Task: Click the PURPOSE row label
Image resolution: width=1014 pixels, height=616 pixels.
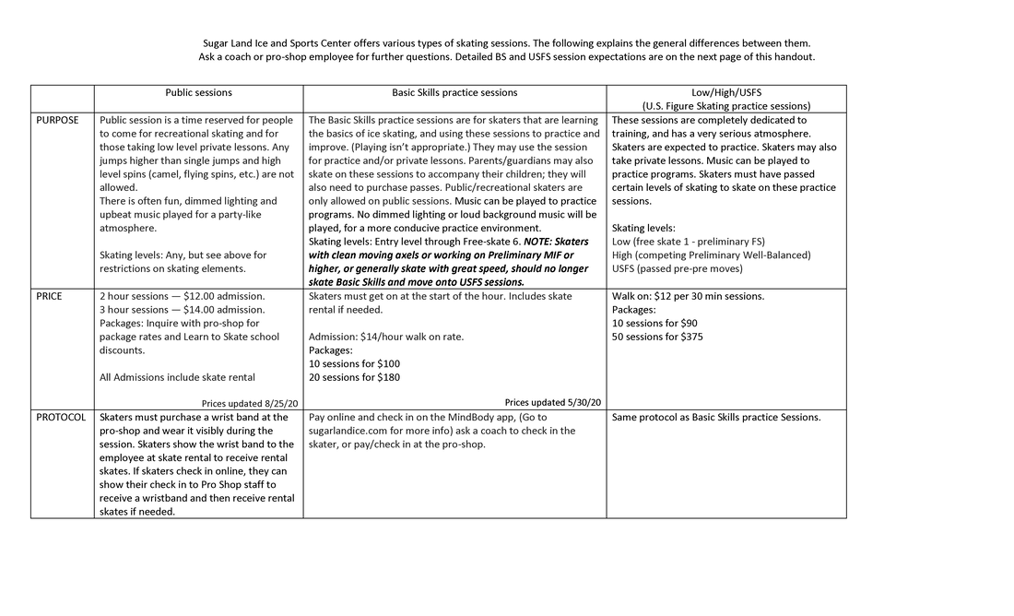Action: (x=57, y=121)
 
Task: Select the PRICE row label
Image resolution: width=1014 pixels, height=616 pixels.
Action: (x=51, y=297)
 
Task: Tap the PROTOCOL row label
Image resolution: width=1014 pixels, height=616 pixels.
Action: (x=61, y=418)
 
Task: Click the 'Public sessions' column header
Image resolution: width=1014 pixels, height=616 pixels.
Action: (x=198, y=93)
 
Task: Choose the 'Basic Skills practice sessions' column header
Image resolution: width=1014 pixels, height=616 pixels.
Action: (x=454, y=93)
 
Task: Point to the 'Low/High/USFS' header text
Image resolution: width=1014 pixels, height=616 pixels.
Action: (x=726, y=93)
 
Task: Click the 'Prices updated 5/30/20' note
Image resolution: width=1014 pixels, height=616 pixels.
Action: (x=552, y=403)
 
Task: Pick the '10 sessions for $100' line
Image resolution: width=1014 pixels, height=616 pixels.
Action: (x=354, y=363)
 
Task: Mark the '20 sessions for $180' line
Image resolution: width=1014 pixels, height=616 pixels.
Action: (x=354, y=377)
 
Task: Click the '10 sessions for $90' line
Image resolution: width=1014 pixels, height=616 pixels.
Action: (x=654, y=324)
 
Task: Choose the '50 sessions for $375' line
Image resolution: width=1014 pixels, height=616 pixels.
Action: (x=657, y=337)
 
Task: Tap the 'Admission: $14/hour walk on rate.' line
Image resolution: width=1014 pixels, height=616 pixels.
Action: (x=386, y=337)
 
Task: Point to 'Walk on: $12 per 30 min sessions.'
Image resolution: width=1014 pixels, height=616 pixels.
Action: (x=688, y=297)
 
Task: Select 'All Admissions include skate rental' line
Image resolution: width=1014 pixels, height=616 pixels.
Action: (x=177, y=377)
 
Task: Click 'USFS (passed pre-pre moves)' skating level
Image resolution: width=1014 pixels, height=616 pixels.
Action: (x=677, y=268)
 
